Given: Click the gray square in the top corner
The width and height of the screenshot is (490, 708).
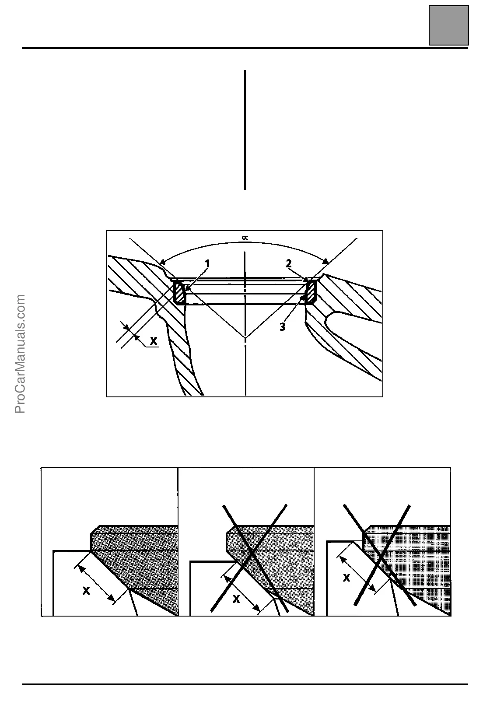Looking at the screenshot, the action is pos(448,25).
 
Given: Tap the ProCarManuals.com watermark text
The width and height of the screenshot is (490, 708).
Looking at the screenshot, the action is pos(20,354).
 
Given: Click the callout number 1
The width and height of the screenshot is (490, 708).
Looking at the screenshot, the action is pos(207,263).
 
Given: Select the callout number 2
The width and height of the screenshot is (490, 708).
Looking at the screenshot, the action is pos(288,263).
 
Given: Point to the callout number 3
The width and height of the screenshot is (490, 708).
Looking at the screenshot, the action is pos(283,326).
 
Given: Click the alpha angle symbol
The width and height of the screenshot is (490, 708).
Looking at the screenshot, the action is pos(245,237).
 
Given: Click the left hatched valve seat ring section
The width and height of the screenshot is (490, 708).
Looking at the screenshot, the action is pos(179,292).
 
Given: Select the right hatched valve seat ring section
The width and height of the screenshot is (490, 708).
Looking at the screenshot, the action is pos(312,292).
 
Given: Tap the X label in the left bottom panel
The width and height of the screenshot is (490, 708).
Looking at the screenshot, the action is pos(86,591).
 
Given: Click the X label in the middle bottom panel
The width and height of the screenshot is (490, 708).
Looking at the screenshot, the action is pos(236,599).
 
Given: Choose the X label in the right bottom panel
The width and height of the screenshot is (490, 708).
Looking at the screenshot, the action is pos(346,578).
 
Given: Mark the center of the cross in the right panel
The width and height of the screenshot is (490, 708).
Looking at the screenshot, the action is pos(378,556).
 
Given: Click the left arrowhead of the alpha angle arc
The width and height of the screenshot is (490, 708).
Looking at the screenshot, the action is pos(162,262).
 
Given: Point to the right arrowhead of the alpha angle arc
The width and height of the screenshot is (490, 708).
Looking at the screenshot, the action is pos(326,262).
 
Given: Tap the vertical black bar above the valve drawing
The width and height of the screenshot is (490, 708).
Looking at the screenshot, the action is pos(245,130).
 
